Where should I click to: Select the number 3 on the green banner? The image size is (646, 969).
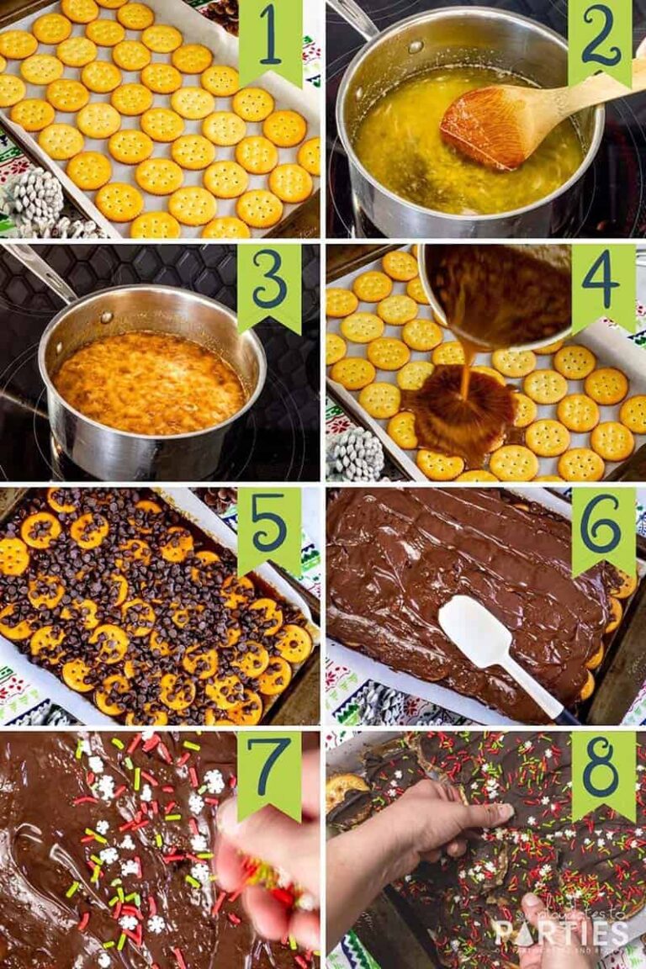pyautogui.click(x=270, y=284)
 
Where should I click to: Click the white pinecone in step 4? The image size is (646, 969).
pyautogui.click(x=354, y=454)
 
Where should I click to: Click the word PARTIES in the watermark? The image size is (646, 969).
pyautogui.click(x=559, y=932)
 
